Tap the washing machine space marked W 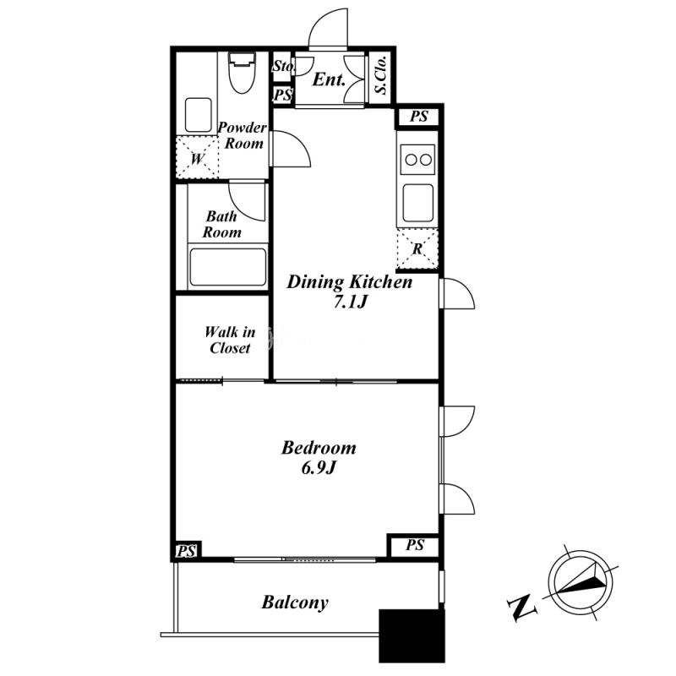click(x=197, y=157)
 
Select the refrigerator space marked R click(x=417, y=249)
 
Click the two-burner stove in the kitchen click(x=417, y=160)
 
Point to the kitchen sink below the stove click(x=417, y=203)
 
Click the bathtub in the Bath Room click(x=227, y=267)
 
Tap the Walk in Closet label click(x=230, y=340)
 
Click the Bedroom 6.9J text click(x=319, y=457)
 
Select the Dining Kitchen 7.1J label click(x=350, y=292)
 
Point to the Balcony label click(x=295, y=602)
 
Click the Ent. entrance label click(x=329, y=79)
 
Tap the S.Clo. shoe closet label click(x=381, y=75)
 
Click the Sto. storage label click(x=284, y=66)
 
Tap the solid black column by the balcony click(x=412, y=636)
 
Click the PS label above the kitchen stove click(x=418, y=117)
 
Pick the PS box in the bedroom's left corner click(x=187, y=551)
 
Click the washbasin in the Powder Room click(x=199, y=115)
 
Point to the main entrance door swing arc click(x=329, y=27)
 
